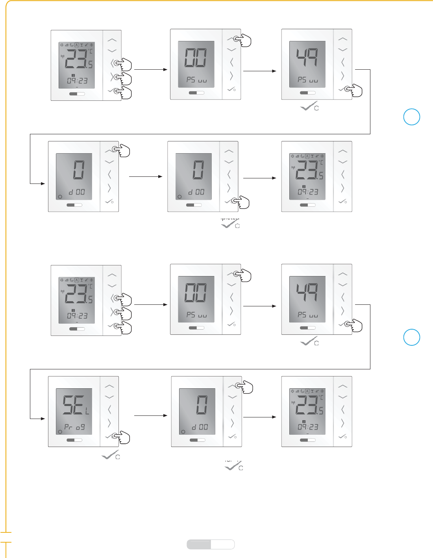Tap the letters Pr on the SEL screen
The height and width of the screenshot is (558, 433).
(68, 427)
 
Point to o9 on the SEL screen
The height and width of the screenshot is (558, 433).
(80, 427)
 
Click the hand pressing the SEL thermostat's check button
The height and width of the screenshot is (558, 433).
(122, 438)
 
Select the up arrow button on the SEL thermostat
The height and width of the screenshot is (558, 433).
(109, 387)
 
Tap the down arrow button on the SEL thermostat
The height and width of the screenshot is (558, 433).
(109, 397)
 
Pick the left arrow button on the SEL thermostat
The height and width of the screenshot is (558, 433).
(109, 410)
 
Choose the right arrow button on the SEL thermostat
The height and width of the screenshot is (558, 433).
(109, 423)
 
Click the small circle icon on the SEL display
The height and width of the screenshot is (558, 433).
(60, 432)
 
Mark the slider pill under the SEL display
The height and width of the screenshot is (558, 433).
(74, 440)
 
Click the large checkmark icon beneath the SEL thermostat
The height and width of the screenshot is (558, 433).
(110, 456)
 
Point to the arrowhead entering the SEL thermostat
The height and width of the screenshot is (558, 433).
(43, 419)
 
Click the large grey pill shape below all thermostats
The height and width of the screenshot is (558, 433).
(211, 544)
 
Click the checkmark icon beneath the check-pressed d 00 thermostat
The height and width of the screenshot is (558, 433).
(230, 225)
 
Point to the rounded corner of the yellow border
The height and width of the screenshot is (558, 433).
(9, 4)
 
